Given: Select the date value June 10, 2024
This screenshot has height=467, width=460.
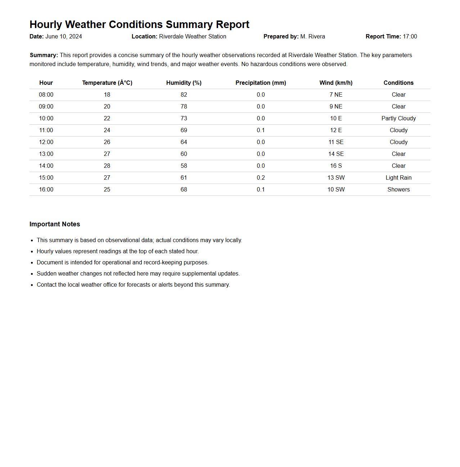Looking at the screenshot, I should tap(64, 37).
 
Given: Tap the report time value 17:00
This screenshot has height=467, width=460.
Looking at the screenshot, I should tap(410, 37).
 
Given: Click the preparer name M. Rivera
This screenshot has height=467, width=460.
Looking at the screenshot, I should tap(312, 37).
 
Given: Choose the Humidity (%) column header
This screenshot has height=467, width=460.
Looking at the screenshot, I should tap(184, 83).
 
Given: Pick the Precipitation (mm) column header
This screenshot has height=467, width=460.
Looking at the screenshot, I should tap(261, 83).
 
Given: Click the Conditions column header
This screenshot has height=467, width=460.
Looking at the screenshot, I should tap(398, 83).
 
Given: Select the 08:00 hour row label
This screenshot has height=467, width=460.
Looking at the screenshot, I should tap(46, 95).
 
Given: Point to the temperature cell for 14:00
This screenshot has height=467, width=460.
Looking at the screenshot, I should tap(107, 166).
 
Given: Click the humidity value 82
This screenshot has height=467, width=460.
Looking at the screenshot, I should tap(184, 95).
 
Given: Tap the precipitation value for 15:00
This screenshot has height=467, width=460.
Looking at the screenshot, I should tap(261, 178).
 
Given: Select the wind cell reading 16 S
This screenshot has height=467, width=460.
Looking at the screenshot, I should tap(336, 166).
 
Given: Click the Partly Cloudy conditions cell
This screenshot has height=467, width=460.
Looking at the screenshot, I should tap(398, 119).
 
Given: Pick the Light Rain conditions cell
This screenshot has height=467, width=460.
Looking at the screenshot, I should tap(398, 178).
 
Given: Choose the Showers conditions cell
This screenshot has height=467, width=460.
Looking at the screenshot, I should tap(398, 190).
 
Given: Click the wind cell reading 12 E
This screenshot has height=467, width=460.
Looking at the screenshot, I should tap(336, 130).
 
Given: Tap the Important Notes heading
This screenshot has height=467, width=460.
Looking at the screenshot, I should tap(55, 224).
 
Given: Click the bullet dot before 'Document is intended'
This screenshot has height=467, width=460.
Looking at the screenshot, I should tap(32, 263).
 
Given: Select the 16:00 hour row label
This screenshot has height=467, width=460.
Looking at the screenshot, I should tap(46, 190).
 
